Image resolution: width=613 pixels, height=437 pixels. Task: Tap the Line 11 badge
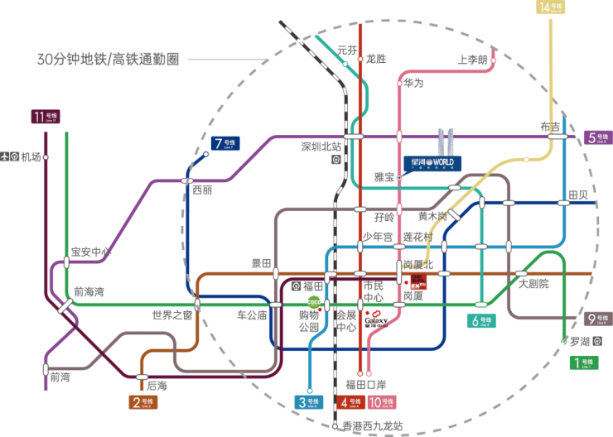click(47, 117)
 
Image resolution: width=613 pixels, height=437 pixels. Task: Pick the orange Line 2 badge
click(142, 403)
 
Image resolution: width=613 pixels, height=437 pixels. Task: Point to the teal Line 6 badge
click(481, 321)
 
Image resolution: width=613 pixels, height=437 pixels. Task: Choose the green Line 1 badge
click(585, 362)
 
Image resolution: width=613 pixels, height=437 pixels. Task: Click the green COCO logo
click(314, 302)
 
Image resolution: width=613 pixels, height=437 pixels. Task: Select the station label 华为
click(413, 82)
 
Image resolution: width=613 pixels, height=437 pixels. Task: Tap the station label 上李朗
click(472, 59)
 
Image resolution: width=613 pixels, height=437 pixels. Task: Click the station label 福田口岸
click(365, 385)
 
